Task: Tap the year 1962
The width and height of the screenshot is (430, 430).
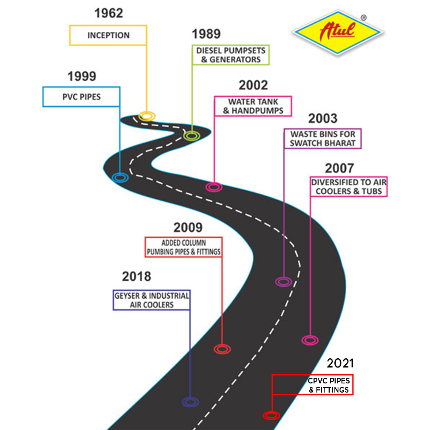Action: pyautogui.click(x=109, y=13)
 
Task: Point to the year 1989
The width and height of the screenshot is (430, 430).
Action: pyautogui.click(x=206, y=34)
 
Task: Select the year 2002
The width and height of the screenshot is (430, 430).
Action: pyautogui.click(x=253, y=85)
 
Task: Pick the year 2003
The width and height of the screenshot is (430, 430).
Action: pyautogui.click(x=323, y=118)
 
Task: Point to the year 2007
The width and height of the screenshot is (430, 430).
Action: pyautogui.click(x=340, y=168)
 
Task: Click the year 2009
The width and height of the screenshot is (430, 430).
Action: pyautogui.click(x=188, y=227)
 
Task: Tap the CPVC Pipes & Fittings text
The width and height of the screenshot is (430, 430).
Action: pyautogui.click(x=329, y=385)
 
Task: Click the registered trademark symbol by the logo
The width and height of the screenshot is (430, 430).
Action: pyautogui.click(x=364, y=18)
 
